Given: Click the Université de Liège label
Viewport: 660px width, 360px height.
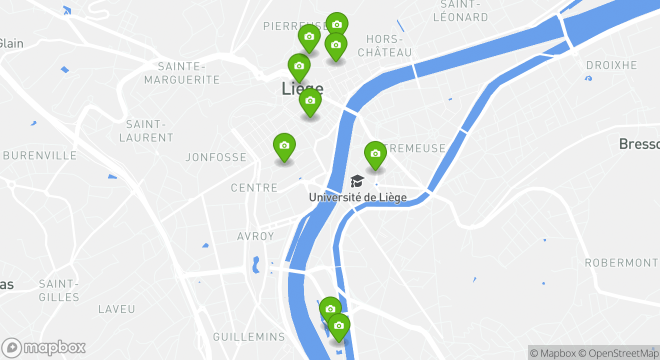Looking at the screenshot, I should [357, 197].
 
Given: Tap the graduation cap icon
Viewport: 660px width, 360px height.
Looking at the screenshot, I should [357, 181].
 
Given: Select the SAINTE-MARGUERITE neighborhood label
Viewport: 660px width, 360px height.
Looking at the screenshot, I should [182, 73].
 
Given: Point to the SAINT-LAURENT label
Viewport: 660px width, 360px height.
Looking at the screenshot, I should [146, 131].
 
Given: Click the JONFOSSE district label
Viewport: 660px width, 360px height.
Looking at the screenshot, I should [216, 157].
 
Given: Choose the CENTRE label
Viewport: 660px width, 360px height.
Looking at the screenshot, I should [254, 188].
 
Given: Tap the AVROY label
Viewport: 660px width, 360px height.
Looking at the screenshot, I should [255, 236].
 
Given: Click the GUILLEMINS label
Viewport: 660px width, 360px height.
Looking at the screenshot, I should [249, 337].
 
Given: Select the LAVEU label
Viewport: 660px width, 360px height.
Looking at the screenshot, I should [116, 309].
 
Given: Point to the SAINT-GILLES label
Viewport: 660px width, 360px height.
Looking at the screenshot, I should [59, 290].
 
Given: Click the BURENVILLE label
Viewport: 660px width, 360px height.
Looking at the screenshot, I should [40, 155].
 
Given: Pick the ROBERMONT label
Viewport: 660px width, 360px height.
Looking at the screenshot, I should [621, 263].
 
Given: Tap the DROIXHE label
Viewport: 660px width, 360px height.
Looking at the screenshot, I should [611, 65].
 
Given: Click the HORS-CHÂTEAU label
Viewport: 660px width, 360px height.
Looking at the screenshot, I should [385, 45].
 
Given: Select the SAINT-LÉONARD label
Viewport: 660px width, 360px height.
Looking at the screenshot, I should [460, 11].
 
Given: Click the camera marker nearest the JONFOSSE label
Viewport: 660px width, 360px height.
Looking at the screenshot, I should [284, 146].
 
